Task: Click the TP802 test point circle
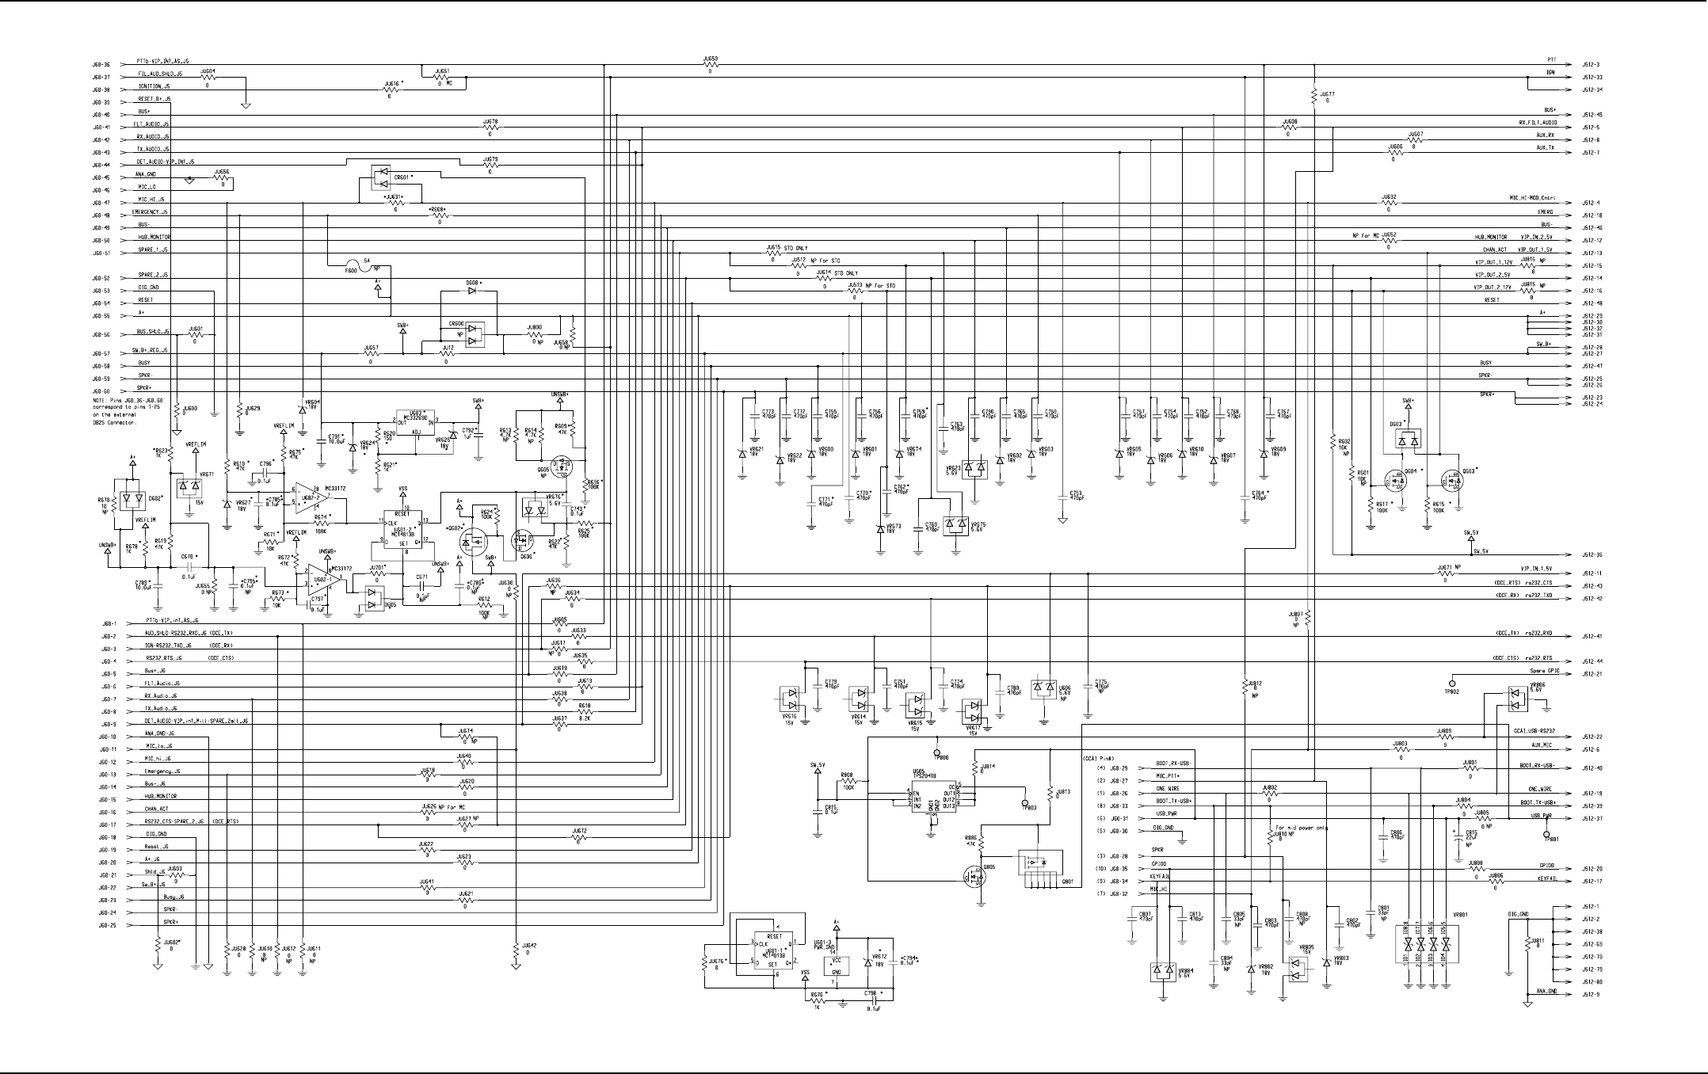pyautogui.click(x=1452, y=683)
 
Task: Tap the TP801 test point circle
pyautogui.click(x=1546, y=834)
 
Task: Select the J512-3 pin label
pyautogui.click(x=1585, y=64)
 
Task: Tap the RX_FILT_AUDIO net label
pyautogui.click(x=1537, y=123)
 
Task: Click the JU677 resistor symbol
pyautogui.click(x=1314, y=96)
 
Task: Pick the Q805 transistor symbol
pyautogui.click(x=975, y=877)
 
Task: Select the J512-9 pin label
pyautogui.click(x=1585, y=995)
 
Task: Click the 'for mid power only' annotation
pyautogui.click(x=1296, y=828)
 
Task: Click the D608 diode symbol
pyautogui.click(x=473, y=291)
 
